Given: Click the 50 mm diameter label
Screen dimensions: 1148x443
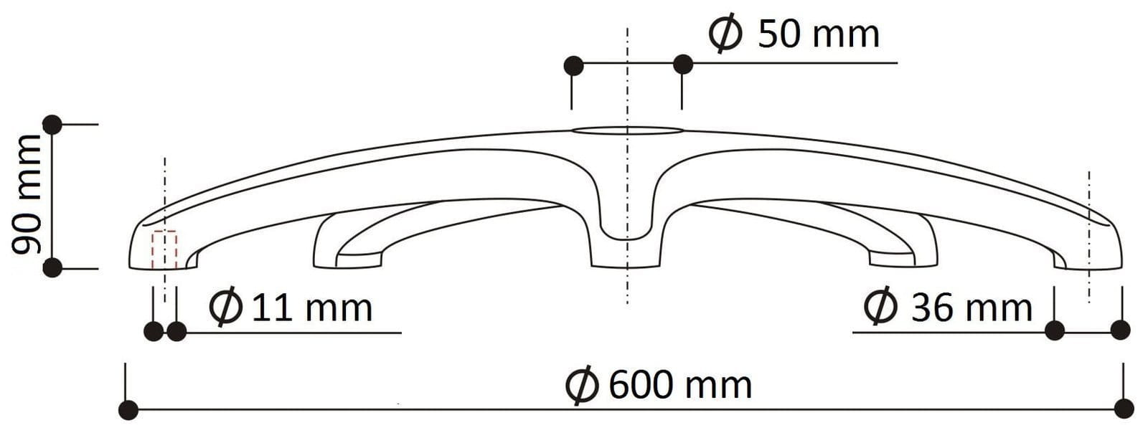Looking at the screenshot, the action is tap(794, 34).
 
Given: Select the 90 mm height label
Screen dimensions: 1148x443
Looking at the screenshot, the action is tap(27, 194).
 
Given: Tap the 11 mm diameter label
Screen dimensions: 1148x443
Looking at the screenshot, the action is tap(291, 308).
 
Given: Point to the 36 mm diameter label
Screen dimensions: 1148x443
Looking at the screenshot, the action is tap(948, 308).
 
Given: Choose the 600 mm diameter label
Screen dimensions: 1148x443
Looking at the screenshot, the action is tap(659, 385).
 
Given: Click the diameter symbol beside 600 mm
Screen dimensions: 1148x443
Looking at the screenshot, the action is tap(582, 386).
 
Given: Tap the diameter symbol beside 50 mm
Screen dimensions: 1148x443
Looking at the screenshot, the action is tap(725, 34).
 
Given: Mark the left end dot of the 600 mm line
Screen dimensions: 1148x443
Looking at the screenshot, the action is tap(128, 410).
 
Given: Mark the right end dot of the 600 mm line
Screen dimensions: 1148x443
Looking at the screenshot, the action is tap(1124, 409).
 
